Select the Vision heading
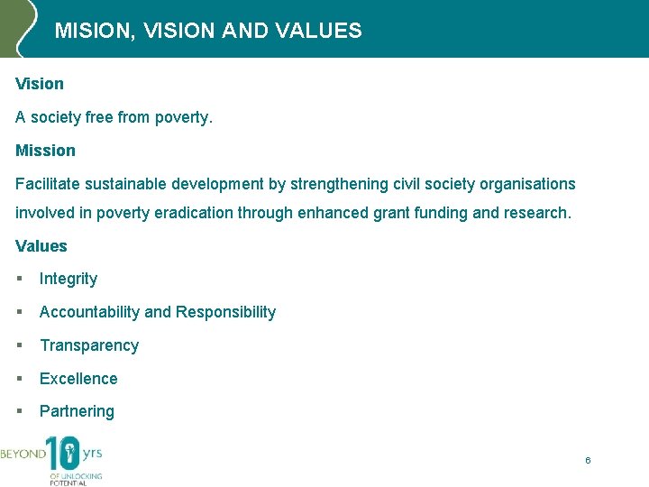(40, 84)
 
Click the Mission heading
(45, 151)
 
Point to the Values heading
(41, 246)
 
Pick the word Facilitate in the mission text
(48, 184)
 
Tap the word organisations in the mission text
(527, 184)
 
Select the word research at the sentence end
(538, 214)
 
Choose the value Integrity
(69, 280)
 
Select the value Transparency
(89, 345)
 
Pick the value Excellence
(78, 379)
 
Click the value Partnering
(77, 411)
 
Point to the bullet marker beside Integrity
(19, 280)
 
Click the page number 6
(588, 461)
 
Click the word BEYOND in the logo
(23, 454)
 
